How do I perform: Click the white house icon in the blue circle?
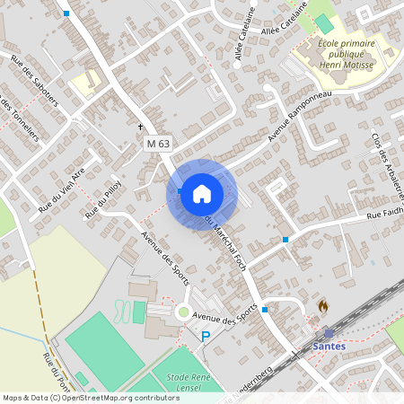pos(202,194)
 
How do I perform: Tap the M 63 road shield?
pos(158,143)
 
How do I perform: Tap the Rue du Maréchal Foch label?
pos(232,241)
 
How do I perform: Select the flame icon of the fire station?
pos(323,306)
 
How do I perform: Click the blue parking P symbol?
pos(206,337)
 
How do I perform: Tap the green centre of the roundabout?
pos(184,313)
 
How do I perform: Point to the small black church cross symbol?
pos(140,127)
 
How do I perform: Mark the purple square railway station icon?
pos(329,333)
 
